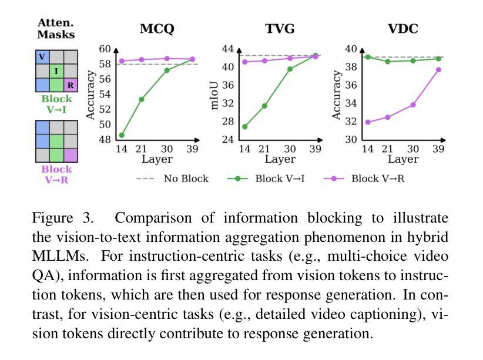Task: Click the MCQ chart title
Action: click(157, 29)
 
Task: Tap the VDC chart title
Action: click(402, 29)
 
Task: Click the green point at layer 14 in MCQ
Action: click(122, 135)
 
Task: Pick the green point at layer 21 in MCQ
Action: click(142, 99)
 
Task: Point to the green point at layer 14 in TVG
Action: click(244, 126)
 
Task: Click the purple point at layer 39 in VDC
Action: click(438, 70)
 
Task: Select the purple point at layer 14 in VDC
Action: click(368, 122)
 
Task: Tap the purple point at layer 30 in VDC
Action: click(413, 105)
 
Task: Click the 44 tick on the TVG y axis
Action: click(227, 49)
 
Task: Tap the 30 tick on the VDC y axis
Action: click(350, 140)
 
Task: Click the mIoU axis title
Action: click(215, 94)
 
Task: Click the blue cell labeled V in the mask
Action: click(42, 57)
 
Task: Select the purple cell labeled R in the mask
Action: click(70, 85)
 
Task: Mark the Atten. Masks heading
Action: click(56, 29)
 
